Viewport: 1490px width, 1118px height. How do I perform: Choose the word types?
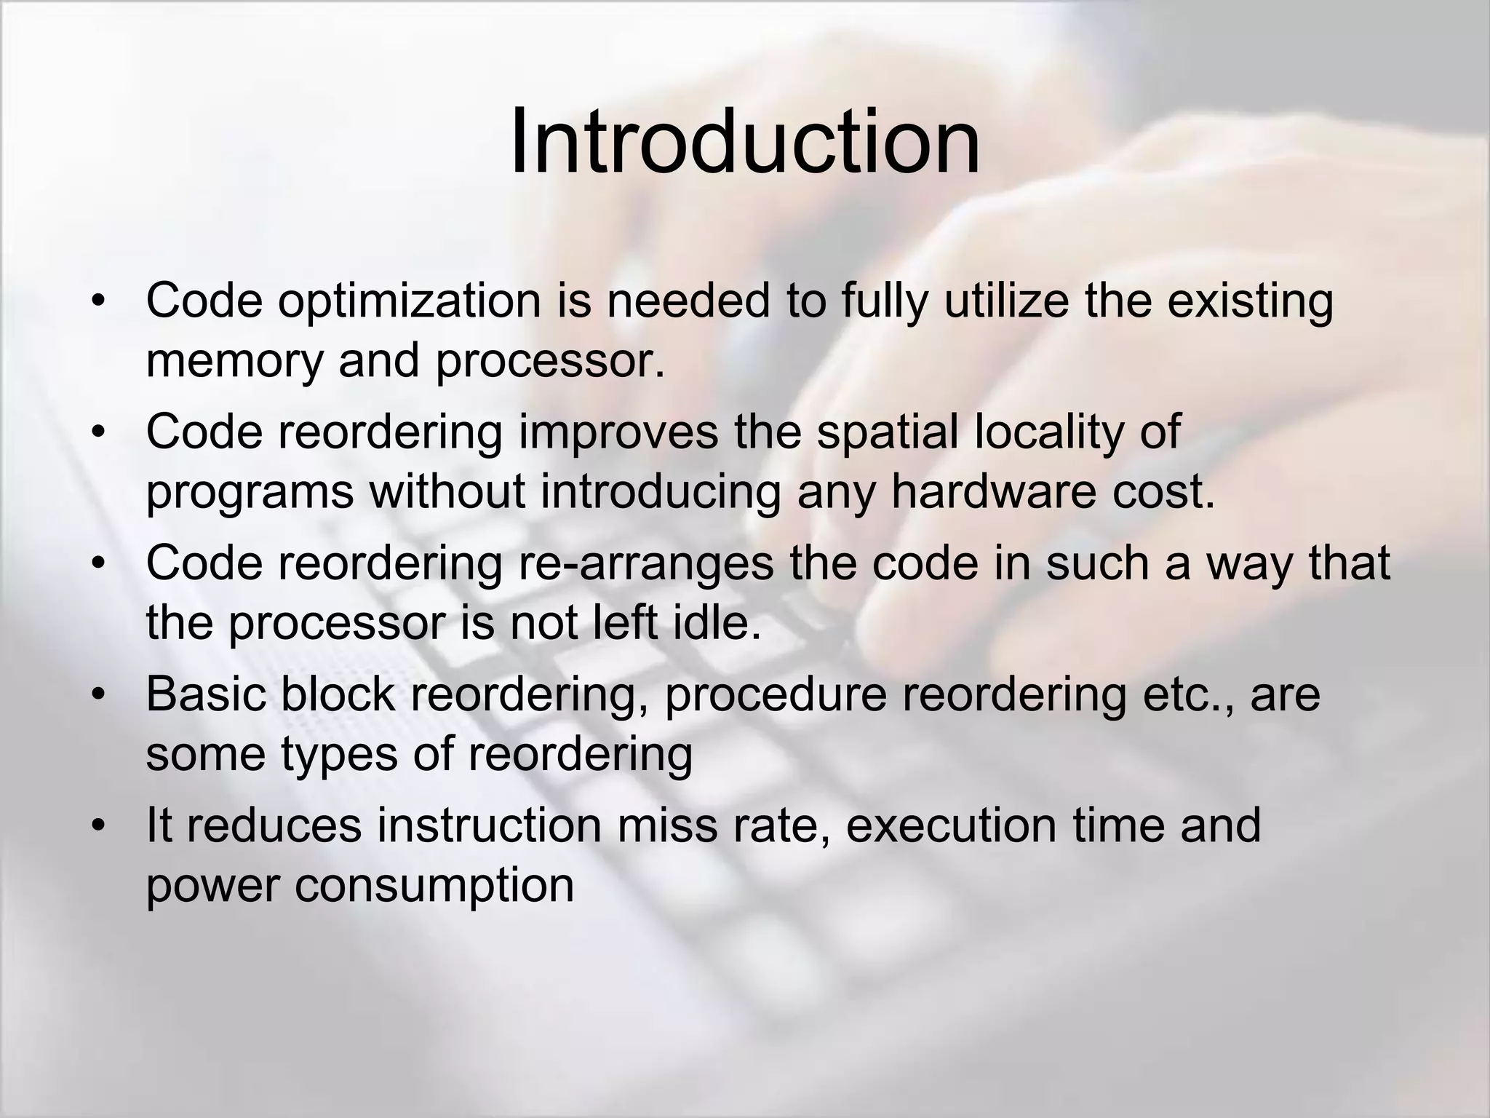point(339,755)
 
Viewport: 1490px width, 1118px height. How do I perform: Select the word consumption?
point(434,886)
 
